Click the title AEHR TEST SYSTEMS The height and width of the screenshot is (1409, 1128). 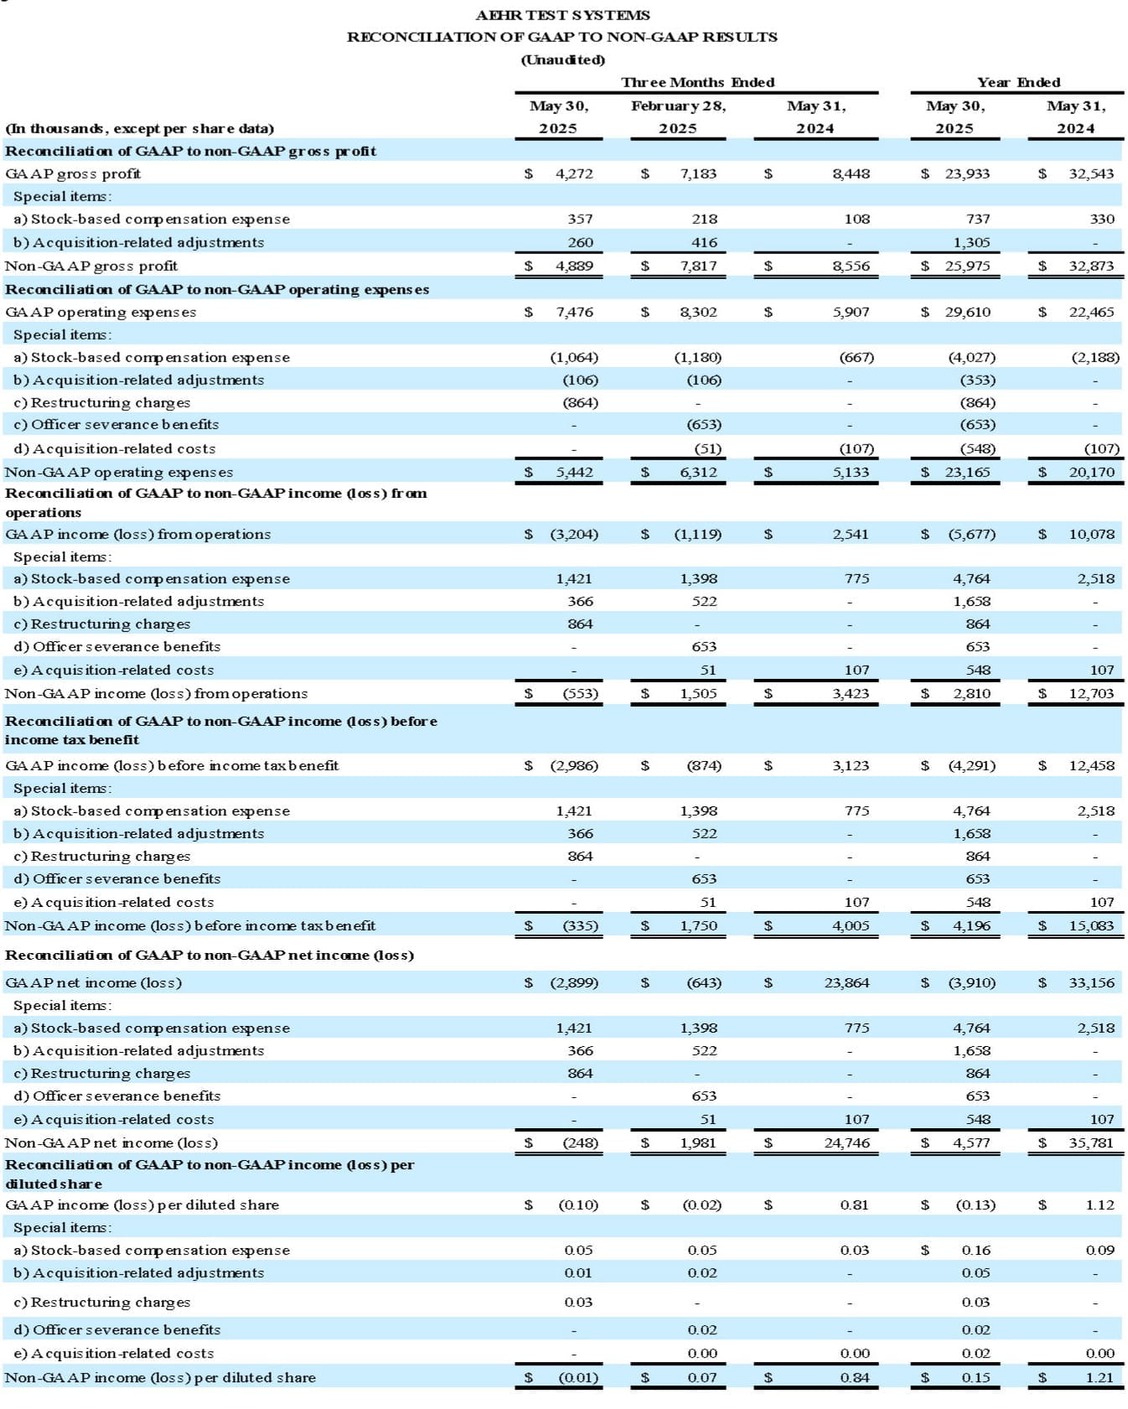click(562, 15)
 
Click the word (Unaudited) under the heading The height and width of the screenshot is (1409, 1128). click(562, 60)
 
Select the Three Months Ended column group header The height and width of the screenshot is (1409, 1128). click(697, 82)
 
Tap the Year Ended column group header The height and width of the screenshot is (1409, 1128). click(1018, 82)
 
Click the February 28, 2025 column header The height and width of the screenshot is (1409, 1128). click(678, 117)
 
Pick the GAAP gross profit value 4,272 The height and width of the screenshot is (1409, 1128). click(574, 174)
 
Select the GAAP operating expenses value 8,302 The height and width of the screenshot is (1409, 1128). click(698, 312)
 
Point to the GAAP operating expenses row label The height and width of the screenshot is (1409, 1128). click(101, 312)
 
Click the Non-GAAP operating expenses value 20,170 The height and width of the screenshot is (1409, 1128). click(1091, 472)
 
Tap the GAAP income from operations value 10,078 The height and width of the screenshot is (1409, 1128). click(1091, 534)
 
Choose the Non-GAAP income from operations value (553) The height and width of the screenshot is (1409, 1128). click(580, 693)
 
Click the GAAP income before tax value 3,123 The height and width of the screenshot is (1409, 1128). click(851, 765)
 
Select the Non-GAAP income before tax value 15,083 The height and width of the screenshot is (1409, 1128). click(1091, 925)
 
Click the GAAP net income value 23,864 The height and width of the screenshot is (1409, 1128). click(846, 982)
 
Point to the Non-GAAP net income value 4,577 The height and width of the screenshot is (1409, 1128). click(971, 1142)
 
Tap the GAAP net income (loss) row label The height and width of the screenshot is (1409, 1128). click(93, 982)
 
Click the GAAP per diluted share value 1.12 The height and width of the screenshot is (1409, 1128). click(1100, 1204)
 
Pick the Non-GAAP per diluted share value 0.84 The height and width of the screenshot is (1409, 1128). click(855, 1377)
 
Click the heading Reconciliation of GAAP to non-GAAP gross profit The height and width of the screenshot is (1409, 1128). click(190, 151)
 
